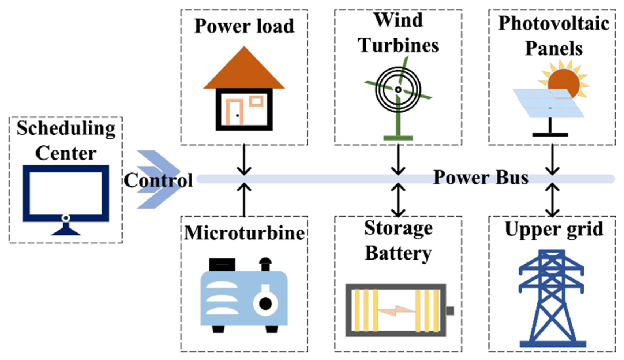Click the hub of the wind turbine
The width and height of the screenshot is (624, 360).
click(398, 89)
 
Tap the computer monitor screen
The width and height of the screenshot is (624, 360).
click(66, 193)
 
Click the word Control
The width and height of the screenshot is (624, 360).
click(158, 180)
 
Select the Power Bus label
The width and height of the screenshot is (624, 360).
click(481, 178)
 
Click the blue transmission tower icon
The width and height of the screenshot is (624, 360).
click(552, 299)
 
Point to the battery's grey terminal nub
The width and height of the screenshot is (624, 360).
click(450, 311)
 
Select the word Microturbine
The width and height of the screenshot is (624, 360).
click(244, 233)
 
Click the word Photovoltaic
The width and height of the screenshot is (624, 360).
click(553, 24)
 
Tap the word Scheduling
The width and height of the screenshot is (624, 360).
click(66, 128)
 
